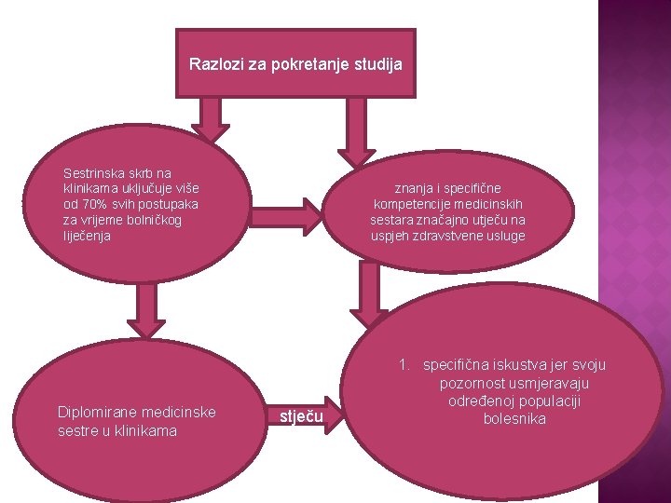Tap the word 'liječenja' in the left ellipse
85,236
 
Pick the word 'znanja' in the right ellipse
414,188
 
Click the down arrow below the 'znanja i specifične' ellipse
371,289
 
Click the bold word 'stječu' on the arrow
302,416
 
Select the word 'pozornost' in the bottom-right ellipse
470,383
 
